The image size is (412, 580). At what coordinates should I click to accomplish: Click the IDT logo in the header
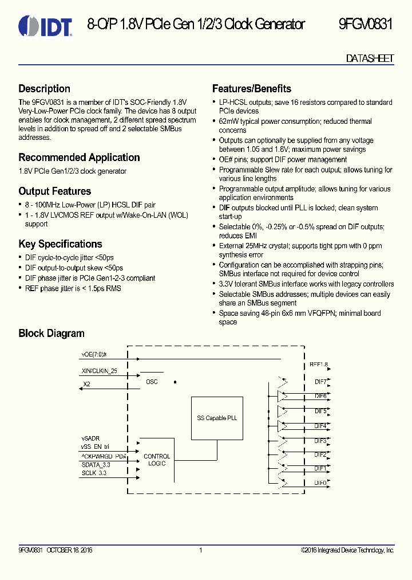pyautogui.click(x=45, y=26)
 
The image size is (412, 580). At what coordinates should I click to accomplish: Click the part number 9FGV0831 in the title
pyautogui.click(x=366, y=25)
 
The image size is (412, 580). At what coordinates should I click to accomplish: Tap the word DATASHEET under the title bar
pyautogui.click(x=370, y=59)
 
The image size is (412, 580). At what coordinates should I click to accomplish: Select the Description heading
pyautogui.click(x=45, y=89)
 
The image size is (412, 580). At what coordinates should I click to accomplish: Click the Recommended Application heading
pyautogui.click(x=79, y=158)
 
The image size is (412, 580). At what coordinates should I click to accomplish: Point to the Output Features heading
pyautogui.click(x=55, y=191)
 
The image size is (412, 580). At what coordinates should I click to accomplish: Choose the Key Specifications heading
pyautogui.click(x=60, y=244)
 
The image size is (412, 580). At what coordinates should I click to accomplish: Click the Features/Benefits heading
pyautogui.click(x=252, y=89)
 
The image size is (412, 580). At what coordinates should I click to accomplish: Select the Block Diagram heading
pyautogui.click(x=51, y=334)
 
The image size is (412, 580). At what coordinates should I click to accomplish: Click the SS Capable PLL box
pyautogui.click(x=217, y=418)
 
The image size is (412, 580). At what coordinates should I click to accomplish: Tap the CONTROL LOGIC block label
pyautogui.click(x=157, y=460)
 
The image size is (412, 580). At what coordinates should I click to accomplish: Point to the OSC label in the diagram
pyautogui.click(x=152, y=382)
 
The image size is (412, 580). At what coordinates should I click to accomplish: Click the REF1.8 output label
pyautogui.click(x=319, y=364)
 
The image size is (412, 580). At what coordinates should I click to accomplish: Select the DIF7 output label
pyautogui.click(x=320, y=381)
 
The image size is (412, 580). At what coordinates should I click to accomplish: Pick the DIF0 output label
pyautogui.click(x=320, y=483)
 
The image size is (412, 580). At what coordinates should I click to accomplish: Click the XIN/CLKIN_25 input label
pyautogui.click(x=100, y=371)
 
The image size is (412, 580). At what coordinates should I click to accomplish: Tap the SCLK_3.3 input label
pyautogui.click(x=94, y=473)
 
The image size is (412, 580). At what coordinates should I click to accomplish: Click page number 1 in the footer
pyautogui.click(x=201, y=550)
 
